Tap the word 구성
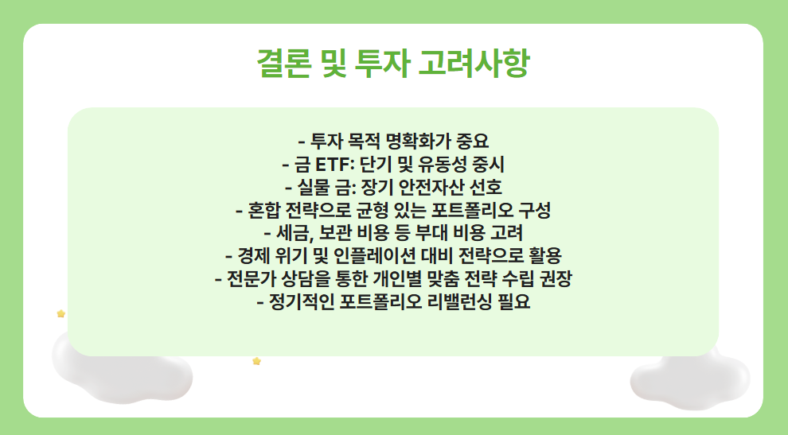[534, 211]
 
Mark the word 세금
[292, 234]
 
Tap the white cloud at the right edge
[689, 379]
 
